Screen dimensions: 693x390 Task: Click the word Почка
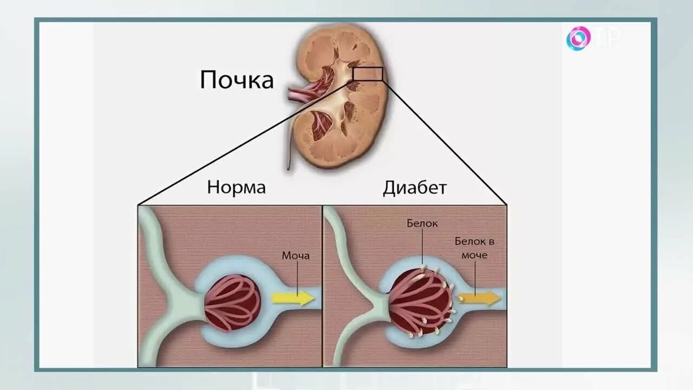click(x=237, y=80)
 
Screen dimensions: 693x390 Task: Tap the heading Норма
click(x=236, y=187)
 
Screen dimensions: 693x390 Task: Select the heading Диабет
click(x=415, y=187)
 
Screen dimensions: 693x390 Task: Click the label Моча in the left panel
click(x=296, y=255)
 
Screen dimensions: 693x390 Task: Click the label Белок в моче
click(x=474, y=248)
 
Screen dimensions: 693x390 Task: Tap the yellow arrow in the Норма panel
click(x=293, y=298)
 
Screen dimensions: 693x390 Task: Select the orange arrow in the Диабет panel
click(x=478, y=297)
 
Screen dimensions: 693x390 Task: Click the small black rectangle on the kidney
click(x=368, y=74)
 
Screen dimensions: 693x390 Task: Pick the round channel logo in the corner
click(x=578, y=38)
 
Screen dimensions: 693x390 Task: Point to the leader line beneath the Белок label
click(x=423, y=246)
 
